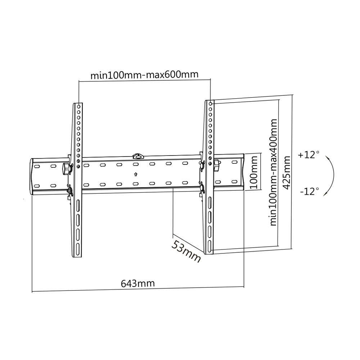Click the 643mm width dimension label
tap(138, 283)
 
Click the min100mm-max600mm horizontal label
tap(144, 75)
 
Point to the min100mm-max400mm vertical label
tap(274, 172)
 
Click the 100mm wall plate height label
tap(253, 172)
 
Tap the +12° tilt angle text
tap(309, 155)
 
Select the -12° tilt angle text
tap(309, 191)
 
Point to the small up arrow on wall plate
tap(135, 175)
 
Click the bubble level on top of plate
tap(137, 156)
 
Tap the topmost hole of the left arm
tap(78, 107)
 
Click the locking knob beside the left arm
tap(67, 168)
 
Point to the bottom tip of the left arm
tap(78, 256)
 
